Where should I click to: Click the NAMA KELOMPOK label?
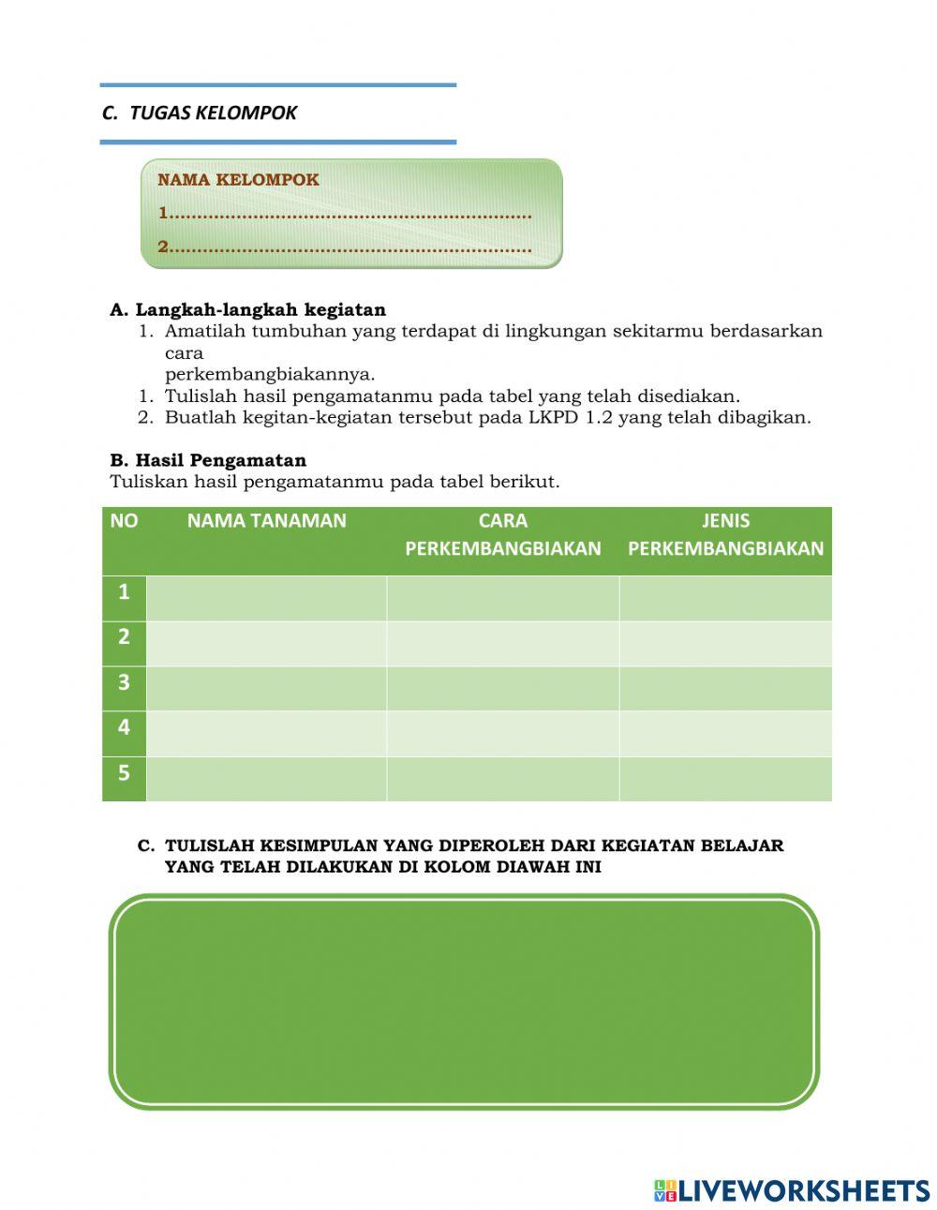coord(238,180)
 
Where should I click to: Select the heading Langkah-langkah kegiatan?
coord(260,310)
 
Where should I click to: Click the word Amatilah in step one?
coord(204,332)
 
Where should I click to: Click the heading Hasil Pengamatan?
coord(220,461)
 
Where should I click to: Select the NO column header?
coord(124,521)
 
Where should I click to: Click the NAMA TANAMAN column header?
coord(266,521)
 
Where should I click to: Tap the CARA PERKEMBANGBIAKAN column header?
coord(502,535)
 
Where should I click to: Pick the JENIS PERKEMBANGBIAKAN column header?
coord(725,535)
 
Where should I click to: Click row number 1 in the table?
coord(124,593)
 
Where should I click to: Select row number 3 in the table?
coord(124,683)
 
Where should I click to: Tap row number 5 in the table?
coord(124,774)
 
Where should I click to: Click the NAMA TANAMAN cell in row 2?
coord(266,643)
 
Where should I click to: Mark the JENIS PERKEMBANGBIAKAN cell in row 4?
coord(725,733)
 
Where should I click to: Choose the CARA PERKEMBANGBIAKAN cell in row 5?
coord(502,779)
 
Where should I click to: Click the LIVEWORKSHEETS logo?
coord(792,1190)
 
